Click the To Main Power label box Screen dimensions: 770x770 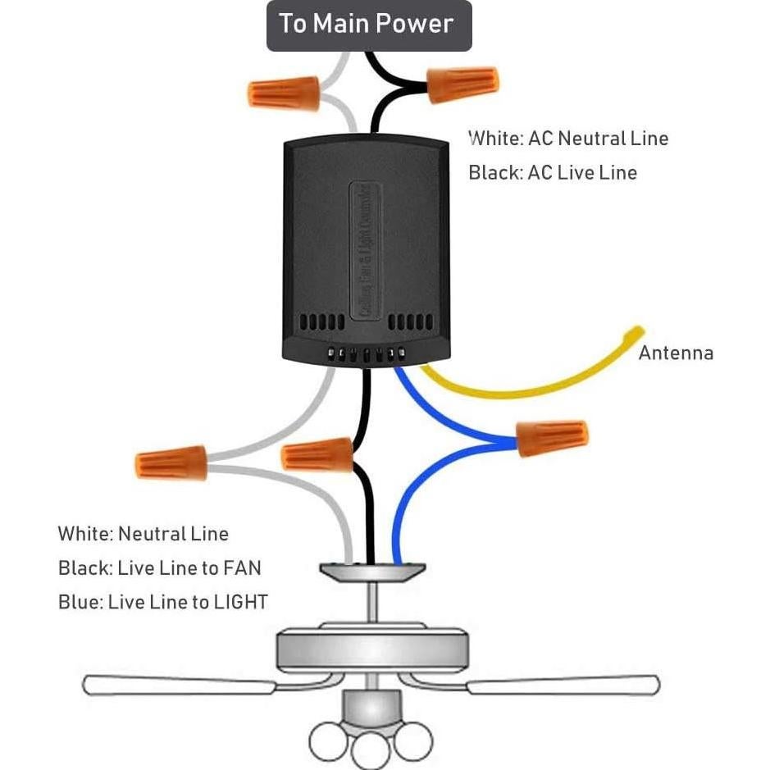368,25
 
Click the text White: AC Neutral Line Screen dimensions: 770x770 568,139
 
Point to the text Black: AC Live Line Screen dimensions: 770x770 553,173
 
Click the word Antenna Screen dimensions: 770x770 676,353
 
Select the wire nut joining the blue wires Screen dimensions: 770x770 552,438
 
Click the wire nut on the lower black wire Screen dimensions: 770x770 317,453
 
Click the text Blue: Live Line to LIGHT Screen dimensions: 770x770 162,603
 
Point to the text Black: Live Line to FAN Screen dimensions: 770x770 159,568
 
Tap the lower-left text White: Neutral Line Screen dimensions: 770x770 143,535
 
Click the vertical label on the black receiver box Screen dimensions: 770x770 366,250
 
